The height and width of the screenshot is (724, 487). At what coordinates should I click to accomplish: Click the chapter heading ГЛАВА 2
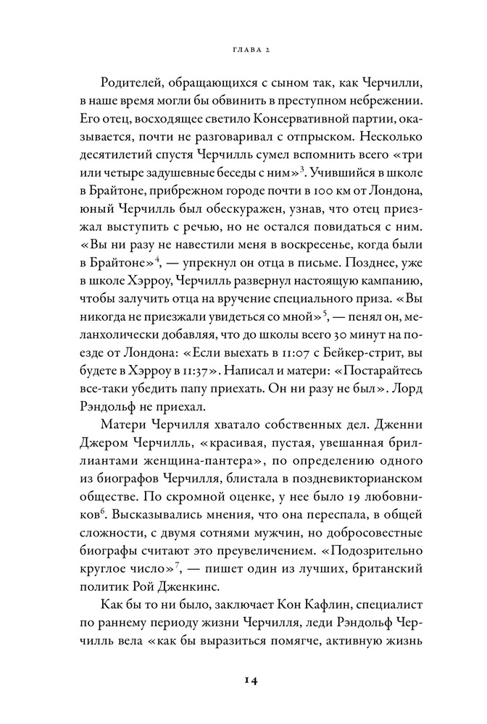tap(243, 49)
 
